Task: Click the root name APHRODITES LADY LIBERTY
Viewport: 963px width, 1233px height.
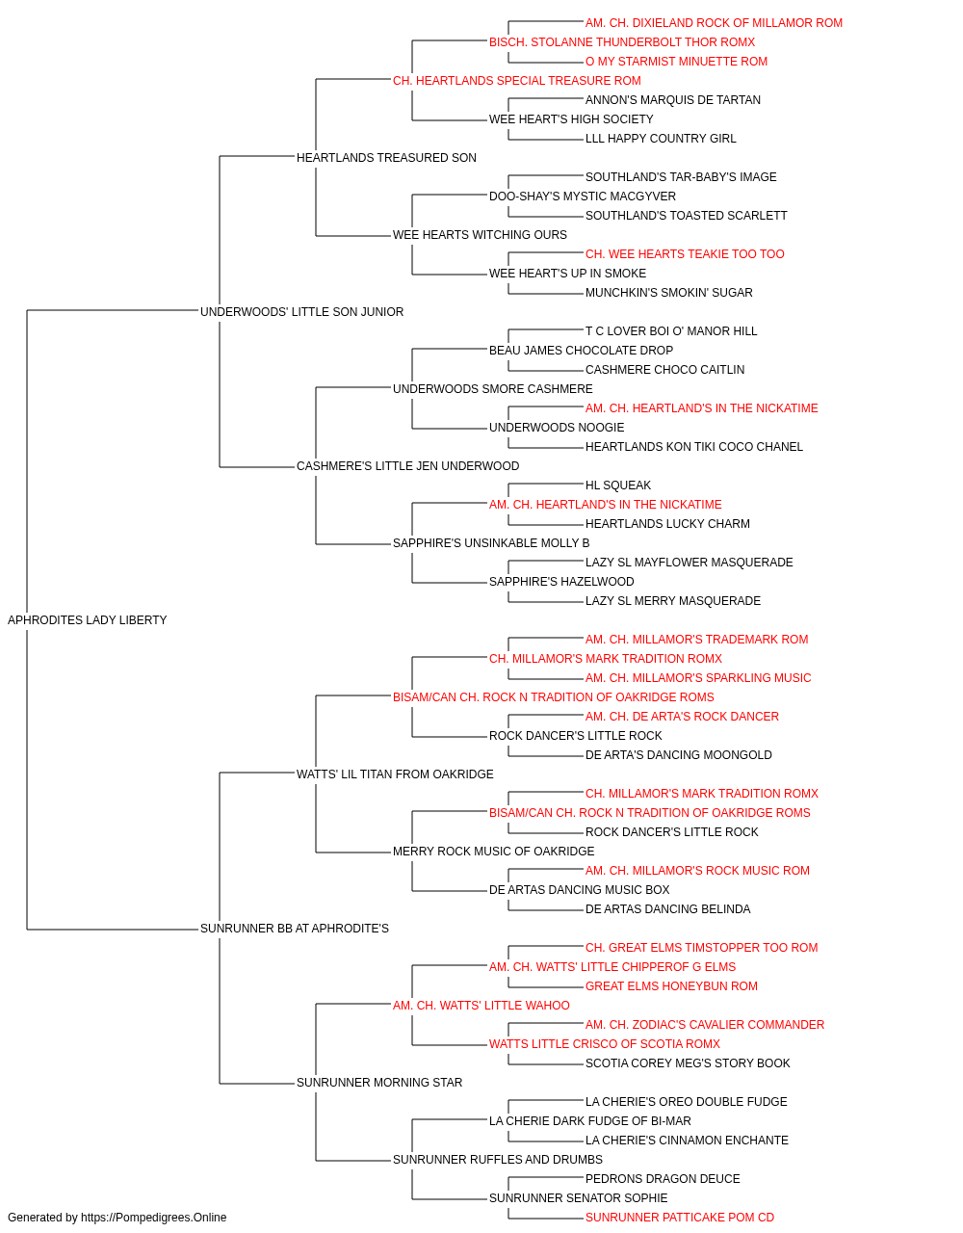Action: (x=87, y=620)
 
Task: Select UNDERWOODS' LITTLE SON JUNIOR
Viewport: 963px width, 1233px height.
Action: (x=301, y=312)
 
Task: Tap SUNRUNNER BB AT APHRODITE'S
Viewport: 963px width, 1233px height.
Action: (x=295, y=929)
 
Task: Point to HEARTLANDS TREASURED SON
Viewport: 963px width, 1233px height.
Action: (x=386, y=158)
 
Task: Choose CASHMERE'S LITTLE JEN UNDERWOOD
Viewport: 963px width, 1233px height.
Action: (x=407, y=466)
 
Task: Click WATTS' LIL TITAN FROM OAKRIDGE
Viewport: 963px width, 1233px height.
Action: (x=395, y=774)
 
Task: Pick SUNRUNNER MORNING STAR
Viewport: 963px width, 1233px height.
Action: (x=378, y=1082)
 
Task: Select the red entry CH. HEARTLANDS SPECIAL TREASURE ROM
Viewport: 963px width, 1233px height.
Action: (x=517, y=81)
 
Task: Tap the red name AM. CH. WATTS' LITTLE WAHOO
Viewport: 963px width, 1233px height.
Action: (x=481, y=1005)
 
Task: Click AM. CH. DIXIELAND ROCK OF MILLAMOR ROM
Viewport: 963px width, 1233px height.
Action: (x=714, y=23)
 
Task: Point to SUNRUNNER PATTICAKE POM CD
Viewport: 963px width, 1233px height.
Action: (x=680, y=1218)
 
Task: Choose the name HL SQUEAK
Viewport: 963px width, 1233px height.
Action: (x=618, y=485)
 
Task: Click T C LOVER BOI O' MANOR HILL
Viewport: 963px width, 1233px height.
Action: (x=671, y=330)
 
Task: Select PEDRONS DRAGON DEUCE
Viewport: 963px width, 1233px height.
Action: (x=663, y=1178)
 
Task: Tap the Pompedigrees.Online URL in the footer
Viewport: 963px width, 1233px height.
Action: (x=153, y=1218)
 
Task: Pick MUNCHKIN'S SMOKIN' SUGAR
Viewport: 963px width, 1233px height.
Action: (x=668, y=292)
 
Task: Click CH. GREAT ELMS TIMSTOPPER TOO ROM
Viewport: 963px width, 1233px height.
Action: (x=702, y=948)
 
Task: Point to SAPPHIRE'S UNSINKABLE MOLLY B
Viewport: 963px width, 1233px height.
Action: (x=491, y=543)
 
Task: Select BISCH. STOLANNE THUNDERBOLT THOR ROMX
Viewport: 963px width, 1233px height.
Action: (x=622, y=42)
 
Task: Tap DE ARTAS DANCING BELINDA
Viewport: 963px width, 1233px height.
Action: (x=667, y=909)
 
